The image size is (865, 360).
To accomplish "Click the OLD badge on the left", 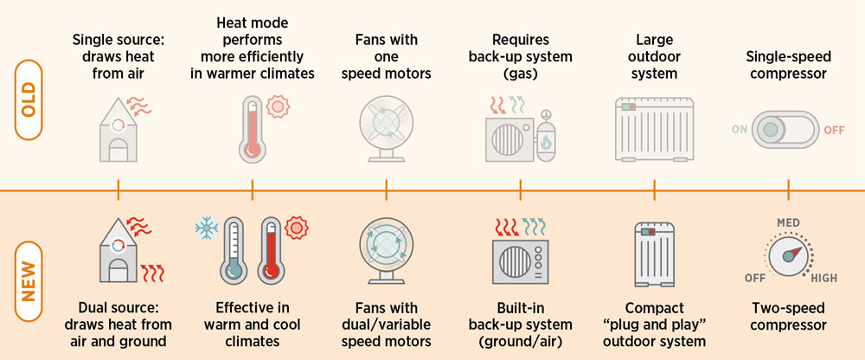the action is click(29, 100).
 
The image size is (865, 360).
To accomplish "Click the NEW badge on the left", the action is click(29, 281).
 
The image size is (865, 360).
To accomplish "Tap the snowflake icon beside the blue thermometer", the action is click(207, 228).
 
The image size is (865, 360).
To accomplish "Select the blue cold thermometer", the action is click(234, 250).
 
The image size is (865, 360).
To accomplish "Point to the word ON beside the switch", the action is click(740, 130).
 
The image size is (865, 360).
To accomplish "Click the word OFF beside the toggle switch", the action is click(834, 131).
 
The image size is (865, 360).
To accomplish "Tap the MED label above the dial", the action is click(788, 223).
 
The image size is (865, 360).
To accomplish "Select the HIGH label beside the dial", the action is click(823, 278).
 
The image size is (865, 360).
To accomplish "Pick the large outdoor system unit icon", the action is click(654, 130).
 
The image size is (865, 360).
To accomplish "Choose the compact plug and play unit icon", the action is click(654, 254).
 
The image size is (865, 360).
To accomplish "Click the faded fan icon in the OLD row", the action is click(386, 129).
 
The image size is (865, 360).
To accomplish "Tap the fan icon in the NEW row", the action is click(386, 251).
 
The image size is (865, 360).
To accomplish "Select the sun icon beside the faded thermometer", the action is click(278, 106).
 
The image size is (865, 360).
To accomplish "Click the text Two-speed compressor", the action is click(788, 317).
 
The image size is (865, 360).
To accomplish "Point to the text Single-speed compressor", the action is click(788, 65).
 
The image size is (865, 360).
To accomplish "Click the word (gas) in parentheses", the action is click(520, 74).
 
